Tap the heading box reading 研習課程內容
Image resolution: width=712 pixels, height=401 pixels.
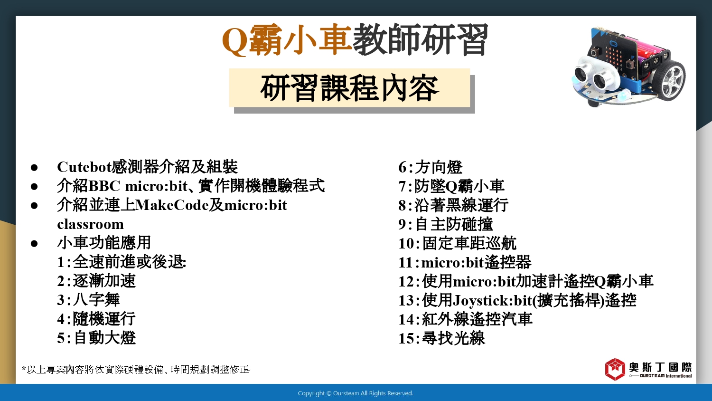[x=349, y=88]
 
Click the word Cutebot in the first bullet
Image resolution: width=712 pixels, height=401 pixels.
[x=84, y=167]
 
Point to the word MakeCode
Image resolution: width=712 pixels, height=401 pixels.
[x=172, y=205]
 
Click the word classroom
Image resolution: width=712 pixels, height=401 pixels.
[x=91, y=224]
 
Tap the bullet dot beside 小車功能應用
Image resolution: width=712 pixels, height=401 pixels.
[x=34, y=244]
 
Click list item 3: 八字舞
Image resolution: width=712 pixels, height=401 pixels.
[x=88, y=300]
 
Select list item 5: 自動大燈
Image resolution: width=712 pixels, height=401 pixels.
[x=96, y=338]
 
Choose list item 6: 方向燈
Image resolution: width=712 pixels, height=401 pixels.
[x=431, y=167]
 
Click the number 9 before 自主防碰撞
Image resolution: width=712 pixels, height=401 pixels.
[x=403, y=224]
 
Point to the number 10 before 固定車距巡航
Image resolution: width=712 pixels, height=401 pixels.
[x=406, y=244]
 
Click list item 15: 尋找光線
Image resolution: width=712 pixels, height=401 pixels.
[x=442, y=338]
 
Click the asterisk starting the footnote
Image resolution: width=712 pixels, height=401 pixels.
[x=24, y=369]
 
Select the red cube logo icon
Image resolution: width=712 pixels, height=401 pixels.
[x=615, y=369]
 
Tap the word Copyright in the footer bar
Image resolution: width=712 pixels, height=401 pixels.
[x=311, y=393]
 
